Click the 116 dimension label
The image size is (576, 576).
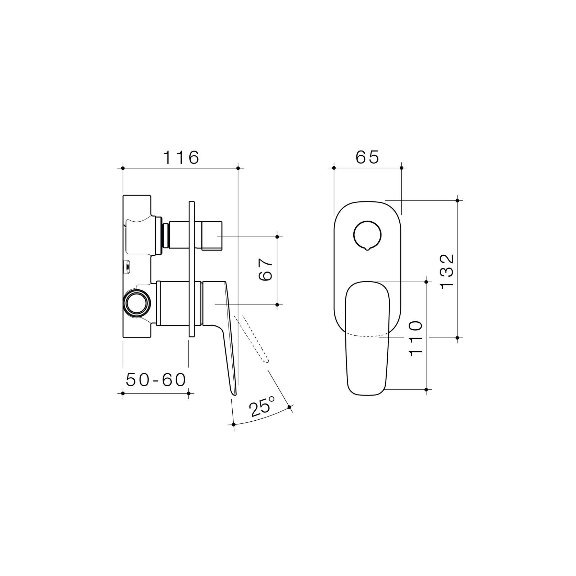[x=181, y=158]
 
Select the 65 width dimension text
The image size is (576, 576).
[x=367, y=158]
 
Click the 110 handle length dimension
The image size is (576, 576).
[x=416, y=338]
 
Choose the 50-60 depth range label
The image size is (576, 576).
[x=156, y=380]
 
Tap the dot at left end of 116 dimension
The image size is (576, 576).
[x=123, y=168]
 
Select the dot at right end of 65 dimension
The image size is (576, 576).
[x=401, y=168]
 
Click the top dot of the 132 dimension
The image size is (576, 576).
[x=457, y=200]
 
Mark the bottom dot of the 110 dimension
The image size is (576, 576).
[x=426, y=389]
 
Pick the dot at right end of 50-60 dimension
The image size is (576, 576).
[x=188, y=393]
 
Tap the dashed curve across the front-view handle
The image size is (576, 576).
[x=367, y=335]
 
